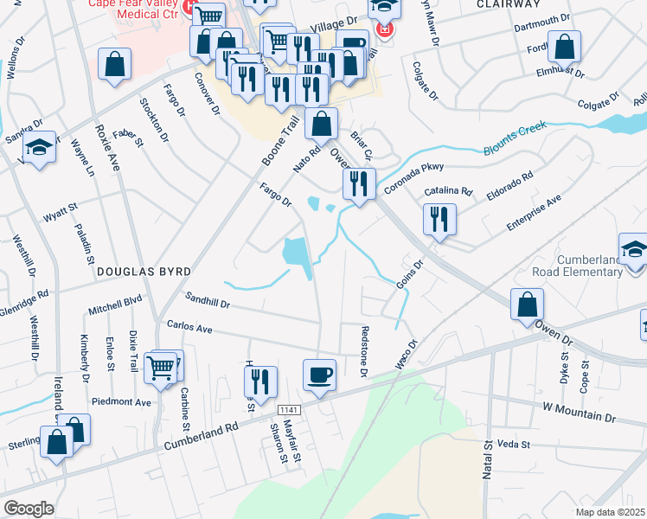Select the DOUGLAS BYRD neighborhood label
tap(143, 272)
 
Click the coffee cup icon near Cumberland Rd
tap(319, 375)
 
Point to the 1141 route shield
tap(289, 408)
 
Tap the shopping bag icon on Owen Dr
tap(527, 304)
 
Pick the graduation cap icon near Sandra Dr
tap(39, 149)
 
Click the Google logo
tap(29, 509)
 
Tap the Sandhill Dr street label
tap(208, 300)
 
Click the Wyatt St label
tap(61, 208)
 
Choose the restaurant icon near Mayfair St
tap(260, 381)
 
